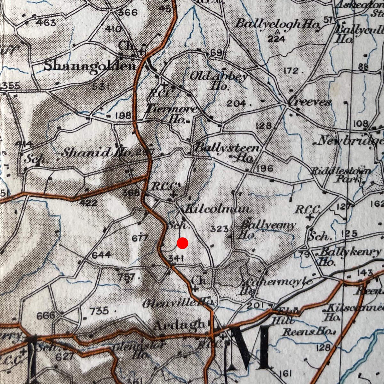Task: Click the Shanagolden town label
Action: click(90, 66)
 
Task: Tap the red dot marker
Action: click(182, 243)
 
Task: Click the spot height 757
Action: click(126, 276)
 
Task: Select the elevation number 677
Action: click(140, 238)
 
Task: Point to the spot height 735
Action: click(99, 311)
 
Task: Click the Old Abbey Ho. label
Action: click(219, 80)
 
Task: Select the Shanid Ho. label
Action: click(96, 153)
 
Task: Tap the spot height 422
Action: click(88, 203)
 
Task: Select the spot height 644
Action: click(101, 255)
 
